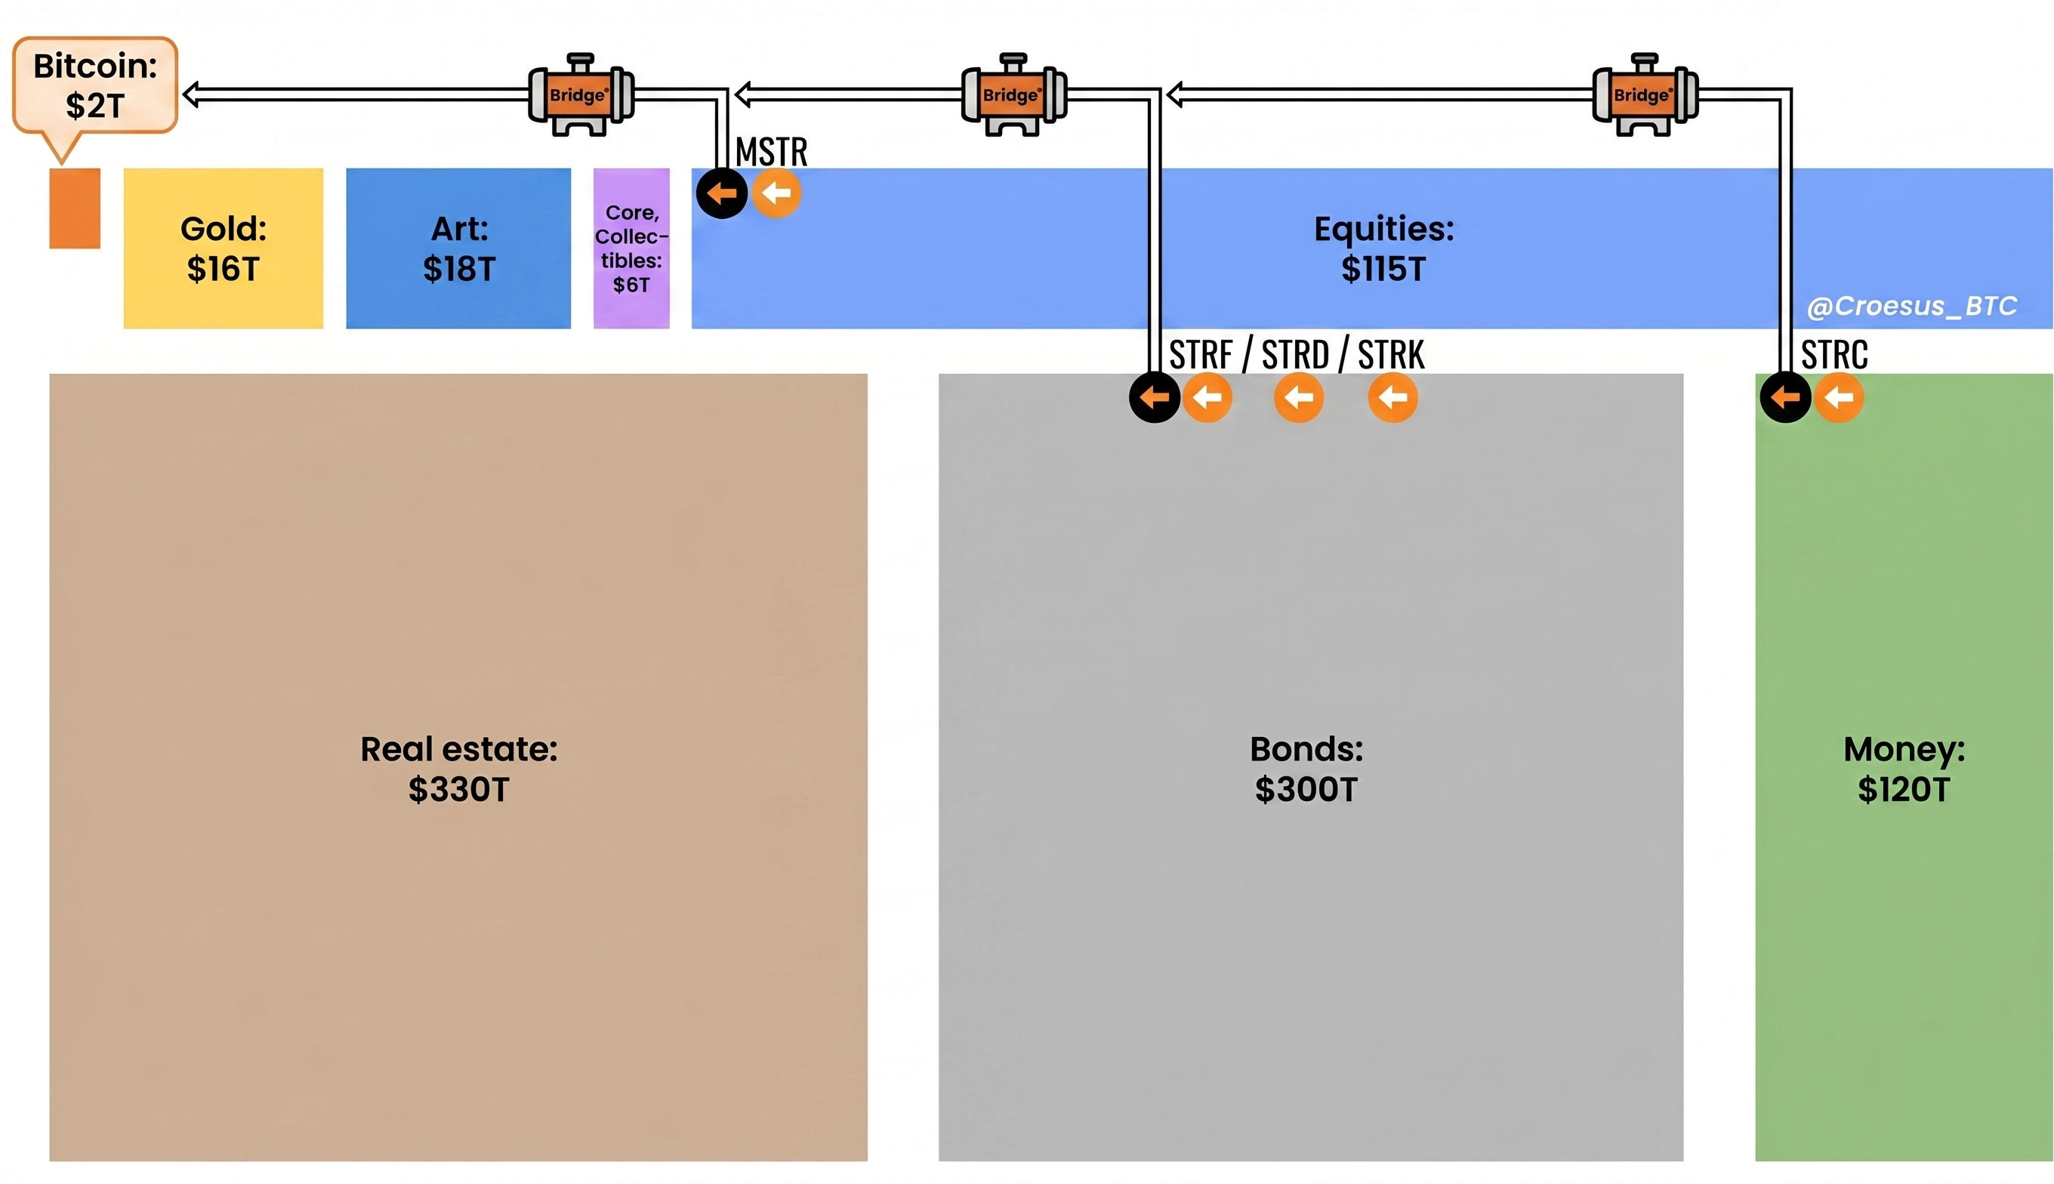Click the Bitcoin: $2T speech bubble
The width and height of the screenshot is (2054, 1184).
[95, 85]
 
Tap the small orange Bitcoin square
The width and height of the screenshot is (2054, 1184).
[75, 208]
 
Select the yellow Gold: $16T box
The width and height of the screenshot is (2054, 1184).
[223, 248]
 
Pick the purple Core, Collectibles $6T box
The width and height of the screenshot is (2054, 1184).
[631, 248]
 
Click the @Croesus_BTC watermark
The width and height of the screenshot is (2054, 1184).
[1911, 306]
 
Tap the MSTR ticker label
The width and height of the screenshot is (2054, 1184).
[771, 152]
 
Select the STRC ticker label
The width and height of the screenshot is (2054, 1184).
[1834, 355]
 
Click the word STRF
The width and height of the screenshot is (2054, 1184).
[1201, 355]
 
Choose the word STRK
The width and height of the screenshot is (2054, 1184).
[1391, 355]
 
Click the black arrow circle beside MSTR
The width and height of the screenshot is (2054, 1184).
[721, 193]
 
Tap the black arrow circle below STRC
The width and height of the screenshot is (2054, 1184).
[1785, 398]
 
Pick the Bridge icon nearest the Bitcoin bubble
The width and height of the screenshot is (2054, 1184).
[581, 95]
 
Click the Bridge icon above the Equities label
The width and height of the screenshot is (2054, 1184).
[1013, 95]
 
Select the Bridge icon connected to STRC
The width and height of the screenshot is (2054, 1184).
[1644, 95]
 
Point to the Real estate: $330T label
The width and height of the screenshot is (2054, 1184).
[458, 769]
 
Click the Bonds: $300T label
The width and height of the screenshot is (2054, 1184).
[1306, 769]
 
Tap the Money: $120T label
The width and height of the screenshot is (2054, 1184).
[1904, 769]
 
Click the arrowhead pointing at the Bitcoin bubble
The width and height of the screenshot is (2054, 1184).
[192, 95]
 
